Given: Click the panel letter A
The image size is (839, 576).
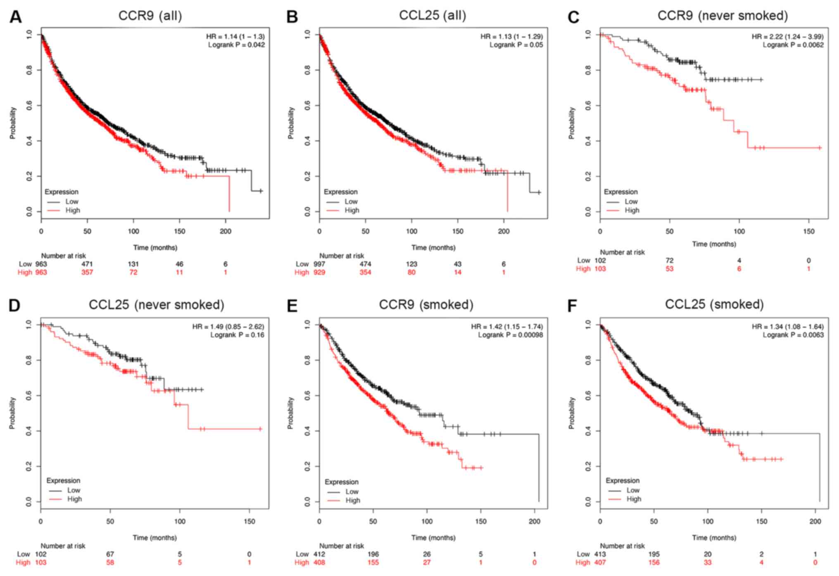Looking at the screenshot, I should pyautogui.click(x=15, y=17).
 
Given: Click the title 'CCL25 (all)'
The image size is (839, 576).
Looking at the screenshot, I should pyautogui.click(x=432, y=16).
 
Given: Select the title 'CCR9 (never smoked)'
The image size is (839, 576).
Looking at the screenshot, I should pyautogui.click(x=723, y=16).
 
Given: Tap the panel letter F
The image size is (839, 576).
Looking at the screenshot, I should pyautogui.click(x=572, y=306).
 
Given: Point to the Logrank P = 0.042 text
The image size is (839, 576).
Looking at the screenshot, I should pyautogui.click(x=236, y=45).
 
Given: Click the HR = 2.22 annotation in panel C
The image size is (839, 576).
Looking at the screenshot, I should pyautogui.click(x=787, y=37).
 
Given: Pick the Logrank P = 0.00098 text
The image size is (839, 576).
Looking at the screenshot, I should pyautogui.click(x=510, y=335).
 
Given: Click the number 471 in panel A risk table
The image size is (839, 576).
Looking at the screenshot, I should pyautogui.click(x=87, y=264).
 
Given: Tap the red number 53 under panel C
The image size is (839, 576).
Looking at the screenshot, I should pyautogui.click(x=669, y=269).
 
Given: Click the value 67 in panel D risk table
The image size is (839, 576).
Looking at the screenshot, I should pyautogui.click(x=110, y=554).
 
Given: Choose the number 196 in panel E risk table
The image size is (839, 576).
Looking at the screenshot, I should pyautogui.click(x=373, y=554).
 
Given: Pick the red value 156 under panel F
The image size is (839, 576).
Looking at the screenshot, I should pyautogui.click(x=654, y=562).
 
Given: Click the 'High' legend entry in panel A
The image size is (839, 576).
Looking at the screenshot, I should pyautogui.click(x=72, y=210).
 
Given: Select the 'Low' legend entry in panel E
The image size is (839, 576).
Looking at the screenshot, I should pyautogui.click(x=352, y=491).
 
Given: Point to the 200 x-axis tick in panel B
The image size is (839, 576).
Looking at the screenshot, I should pyautogui.click(x=504, y=231).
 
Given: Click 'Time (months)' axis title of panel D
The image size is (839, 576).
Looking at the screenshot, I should pyautogui.click(x=154, y=538).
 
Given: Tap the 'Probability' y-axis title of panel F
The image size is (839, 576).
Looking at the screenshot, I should pyautogui.click(x=572, y=413).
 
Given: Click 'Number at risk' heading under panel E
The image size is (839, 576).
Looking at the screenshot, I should pyautogui.click(x=341, y=546).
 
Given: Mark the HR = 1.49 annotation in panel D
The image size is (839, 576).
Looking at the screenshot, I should pyautogui.click(x=228, y=327).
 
